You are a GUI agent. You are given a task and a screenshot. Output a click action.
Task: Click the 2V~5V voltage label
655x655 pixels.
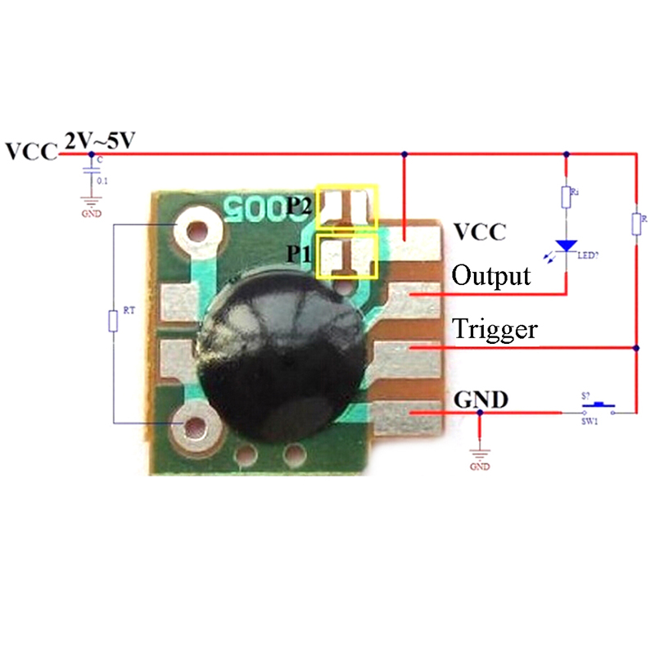tap(100, 142)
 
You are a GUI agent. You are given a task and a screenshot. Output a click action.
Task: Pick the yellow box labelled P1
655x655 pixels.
tap(347, 256)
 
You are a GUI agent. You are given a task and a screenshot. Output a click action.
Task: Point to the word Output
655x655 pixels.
tap(490, 275)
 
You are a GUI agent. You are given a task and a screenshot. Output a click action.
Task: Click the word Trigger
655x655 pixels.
tap(495, 329)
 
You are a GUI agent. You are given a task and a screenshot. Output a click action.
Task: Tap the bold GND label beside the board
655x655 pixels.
tap(481, 400)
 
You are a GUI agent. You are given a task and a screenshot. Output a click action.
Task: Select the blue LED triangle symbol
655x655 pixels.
tap(565, 246)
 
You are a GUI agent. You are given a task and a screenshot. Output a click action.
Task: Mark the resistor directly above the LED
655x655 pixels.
tap(565, 197)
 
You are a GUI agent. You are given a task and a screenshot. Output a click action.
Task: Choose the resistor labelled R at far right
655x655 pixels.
tap(636, 224)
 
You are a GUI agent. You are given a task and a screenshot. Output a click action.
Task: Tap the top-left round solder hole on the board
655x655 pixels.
tap(197, 228)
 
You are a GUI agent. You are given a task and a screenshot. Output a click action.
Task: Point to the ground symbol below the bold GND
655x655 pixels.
tap(480, 454)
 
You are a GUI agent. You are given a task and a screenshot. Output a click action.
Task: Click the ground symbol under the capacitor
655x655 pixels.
tap(90, 201)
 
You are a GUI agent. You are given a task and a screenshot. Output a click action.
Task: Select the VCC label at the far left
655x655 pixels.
tap(30, 152)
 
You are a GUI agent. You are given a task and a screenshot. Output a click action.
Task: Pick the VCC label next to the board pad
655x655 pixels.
tap(480, 232)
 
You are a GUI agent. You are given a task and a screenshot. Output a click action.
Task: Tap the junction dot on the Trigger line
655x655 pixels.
tap(636, 348)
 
